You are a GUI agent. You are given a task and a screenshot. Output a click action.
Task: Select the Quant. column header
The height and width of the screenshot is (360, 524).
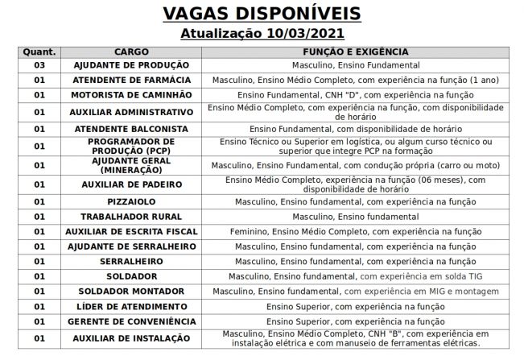pyautogui.click(x=39, y=52)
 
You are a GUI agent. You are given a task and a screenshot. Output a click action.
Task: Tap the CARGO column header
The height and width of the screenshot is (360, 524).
pyautogui.click(x=131, y=52)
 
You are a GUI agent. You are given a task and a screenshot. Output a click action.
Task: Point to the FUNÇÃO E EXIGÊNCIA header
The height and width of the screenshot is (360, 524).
pyautogui.click(x=356, y=52)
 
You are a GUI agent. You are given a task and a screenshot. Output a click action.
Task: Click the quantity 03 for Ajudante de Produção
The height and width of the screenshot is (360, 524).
pyautogui.click(x=39, y=64)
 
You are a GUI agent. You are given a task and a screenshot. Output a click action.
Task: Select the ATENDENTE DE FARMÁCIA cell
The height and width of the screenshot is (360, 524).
pyautogui.click(x=131, y=80)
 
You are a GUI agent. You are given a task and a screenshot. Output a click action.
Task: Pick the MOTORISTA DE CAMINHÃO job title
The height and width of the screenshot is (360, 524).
pyautogui.click(x=131, y=95)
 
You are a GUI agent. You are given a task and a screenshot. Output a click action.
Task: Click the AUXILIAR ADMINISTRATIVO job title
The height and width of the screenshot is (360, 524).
pyautogui.click(x=131, y=112)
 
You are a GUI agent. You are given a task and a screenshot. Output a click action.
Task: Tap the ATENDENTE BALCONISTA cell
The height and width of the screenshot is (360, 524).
pyautogui.click(x=131, y=129)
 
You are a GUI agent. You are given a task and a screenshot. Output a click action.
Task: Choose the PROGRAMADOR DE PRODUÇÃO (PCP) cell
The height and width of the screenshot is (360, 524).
pyautogui.click(x=131, y=146)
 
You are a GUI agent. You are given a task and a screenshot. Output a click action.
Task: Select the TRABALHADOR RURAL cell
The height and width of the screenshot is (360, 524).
pyautogui.click(x=131, y=216)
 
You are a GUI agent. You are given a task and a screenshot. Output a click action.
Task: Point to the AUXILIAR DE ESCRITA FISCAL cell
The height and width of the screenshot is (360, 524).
pyautogui.click(x=131, y=231)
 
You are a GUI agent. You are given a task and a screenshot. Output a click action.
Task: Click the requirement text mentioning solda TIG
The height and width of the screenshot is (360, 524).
pyautogui.click(x=356, y=276)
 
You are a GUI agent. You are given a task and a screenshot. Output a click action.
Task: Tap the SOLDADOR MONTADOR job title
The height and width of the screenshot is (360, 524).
pyautogui.click(x=131, y=291)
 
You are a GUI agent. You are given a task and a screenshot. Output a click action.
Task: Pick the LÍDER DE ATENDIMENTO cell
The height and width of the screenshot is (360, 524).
pyautogui.click(x=131, y=307)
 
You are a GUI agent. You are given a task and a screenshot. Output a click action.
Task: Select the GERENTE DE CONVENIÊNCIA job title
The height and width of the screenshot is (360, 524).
pyautogui.click(x=131, y=321)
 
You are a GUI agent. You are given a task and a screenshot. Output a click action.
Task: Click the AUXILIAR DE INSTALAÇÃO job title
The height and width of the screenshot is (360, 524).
pyautogui.click(x=131, y=338)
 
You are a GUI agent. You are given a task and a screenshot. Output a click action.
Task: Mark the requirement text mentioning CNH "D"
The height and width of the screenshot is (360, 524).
pyautogui.click(x=356, y=95)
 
